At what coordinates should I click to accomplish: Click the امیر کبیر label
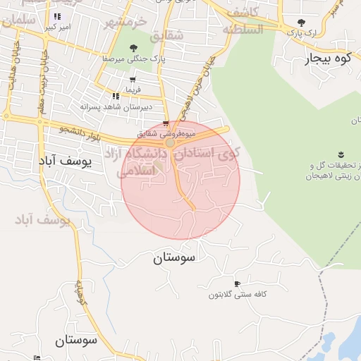(59, 27)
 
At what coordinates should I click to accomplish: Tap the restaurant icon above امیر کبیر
(58, 16)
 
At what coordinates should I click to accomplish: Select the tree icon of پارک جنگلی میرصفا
(133, 48)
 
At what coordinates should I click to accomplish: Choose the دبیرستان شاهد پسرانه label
(107, 106)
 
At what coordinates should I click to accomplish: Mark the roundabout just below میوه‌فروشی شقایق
(170, 143)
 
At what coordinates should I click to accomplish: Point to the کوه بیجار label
(327, 59)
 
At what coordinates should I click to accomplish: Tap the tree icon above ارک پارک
(302, 23)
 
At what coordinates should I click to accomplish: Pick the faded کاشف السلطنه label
(243, 21)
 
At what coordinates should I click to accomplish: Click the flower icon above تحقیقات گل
(341, 154)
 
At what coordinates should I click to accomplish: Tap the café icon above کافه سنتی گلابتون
(237, 283)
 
